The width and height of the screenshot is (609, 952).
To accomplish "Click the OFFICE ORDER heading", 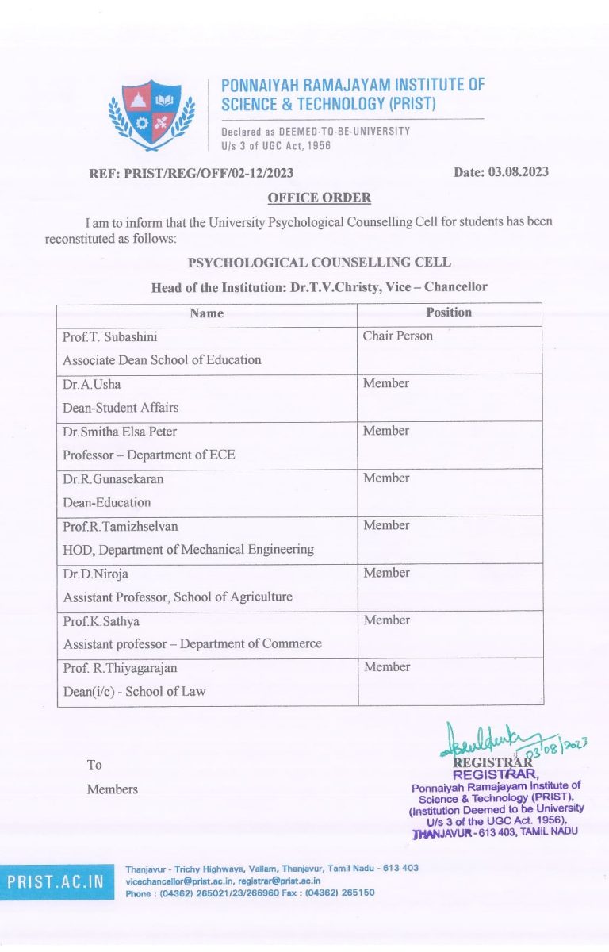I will tap(319, 198).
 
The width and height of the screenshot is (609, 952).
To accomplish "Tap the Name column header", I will tap(207, 313).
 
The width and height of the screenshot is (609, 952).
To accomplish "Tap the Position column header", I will tap(449, 313).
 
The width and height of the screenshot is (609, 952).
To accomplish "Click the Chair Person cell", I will tap(398, 336).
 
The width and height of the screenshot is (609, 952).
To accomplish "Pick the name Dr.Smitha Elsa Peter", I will tap(120, 431).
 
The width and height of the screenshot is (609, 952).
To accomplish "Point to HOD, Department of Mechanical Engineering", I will tap(189, 549).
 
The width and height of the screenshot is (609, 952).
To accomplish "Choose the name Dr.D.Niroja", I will tap(96, 573).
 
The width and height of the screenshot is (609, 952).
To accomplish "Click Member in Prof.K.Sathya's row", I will tap(387, 620).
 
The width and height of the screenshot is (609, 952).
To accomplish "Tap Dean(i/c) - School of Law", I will tap(135, 691).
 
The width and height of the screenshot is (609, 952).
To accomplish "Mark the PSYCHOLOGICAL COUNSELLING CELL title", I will tap(319, 263).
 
